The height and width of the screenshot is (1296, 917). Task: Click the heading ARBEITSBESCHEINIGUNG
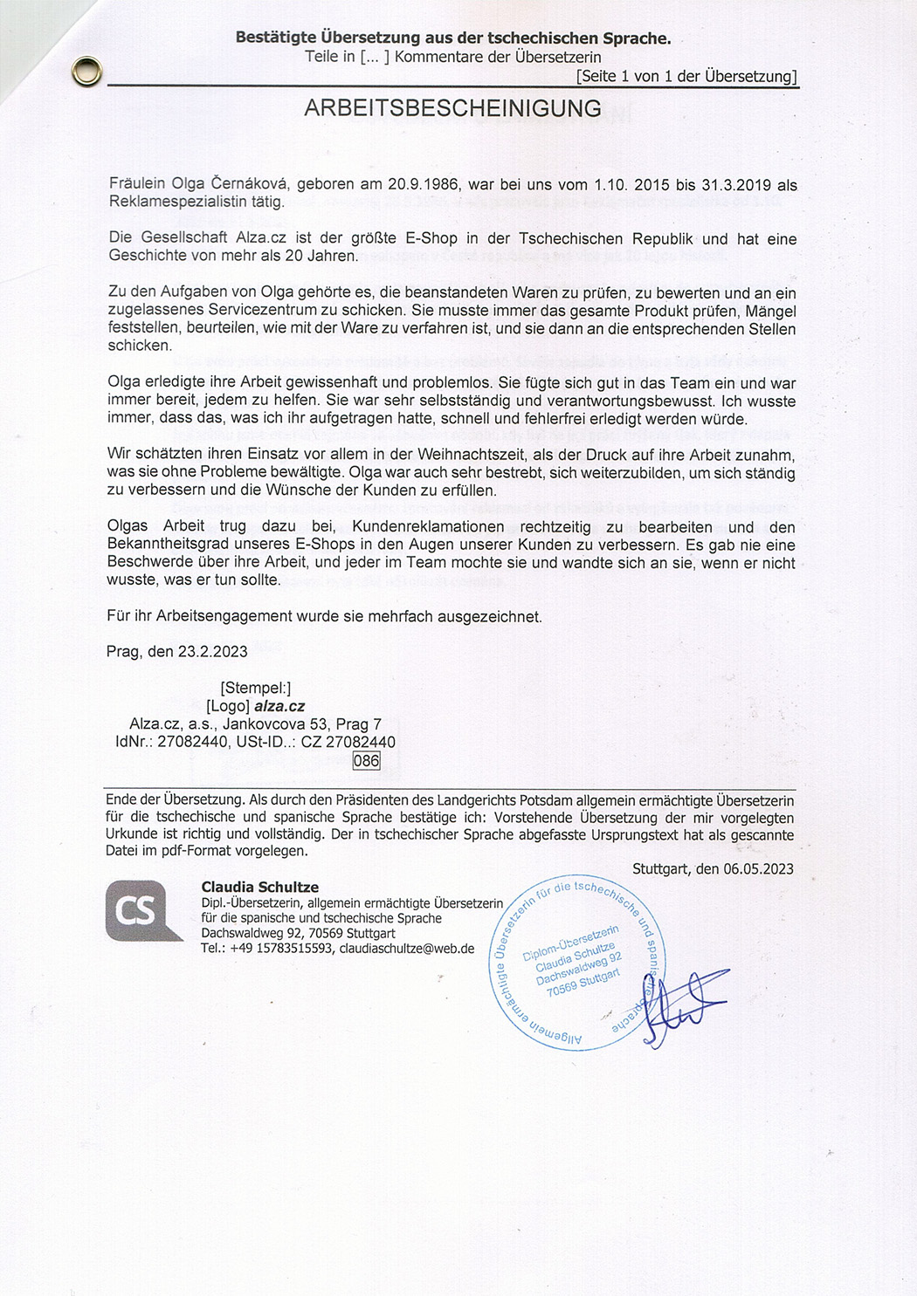coord(452,108)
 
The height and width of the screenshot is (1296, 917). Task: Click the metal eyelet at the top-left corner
coord(86,72)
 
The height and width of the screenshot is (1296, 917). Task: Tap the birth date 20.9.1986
coord(423,184)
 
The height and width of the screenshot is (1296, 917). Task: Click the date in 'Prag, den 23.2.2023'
coord(212,651)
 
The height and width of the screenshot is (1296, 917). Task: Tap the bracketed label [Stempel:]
coord(256,688)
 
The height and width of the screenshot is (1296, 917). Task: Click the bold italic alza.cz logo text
coord(279,706)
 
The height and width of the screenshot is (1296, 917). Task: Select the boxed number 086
coord(366,760)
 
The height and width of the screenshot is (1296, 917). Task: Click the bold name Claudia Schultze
coord(259,887)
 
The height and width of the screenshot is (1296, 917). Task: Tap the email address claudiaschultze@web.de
coord(407,948)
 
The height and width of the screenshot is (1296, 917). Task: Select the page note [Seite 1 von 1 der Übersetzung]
coord(686,76)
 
